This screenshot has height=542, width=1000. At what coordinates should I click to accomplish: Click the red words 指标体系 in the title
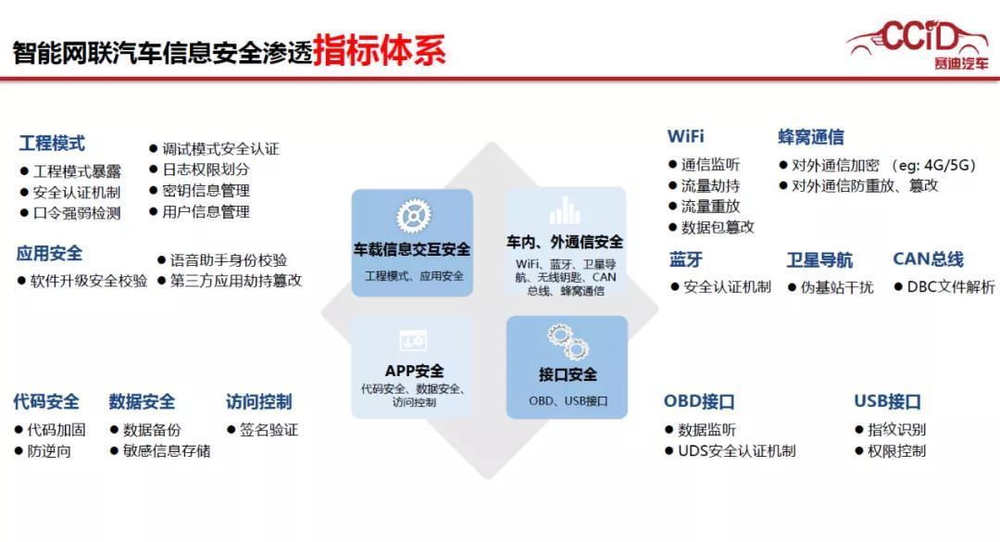[x=379, y=50]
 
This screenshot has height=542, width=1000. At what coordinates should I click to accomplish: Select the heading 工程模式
[x=52, y=144]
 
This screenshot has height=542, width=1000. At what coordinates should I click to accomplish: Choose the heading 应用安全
[x=49, y=253]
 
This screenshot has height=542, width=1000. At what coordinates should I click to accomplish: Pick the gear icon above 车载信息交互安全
[x=411, y=216]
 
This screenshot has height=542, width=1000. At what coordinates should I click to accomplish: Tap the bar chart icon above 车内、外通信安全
[x=564, y=211]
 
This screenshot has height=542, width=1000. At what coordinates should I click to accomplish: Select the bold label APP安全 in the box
[x=413, y=372]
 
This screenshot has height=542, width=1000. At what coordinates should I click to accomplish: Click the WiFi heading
[x=686, y=136]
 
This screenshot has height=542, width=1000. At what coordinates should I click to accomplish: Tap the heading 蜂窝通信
[x=810, y=137]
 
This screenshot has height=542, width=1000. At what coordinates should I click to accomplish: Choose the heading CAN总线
[x=928, y=259]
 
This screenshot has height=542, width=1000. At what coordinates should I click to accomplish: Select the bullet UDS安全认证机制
[x=736, y=451]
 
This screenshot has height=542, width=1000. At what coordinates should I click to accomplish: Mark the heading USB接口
[x=887, y=402]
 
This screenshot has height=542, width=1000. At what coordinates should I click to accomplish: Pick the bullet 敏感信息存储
[x=166, y=451]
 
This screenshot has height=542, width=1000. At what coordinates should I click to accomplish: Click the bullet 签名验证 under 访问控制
[x=269, y=430]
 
